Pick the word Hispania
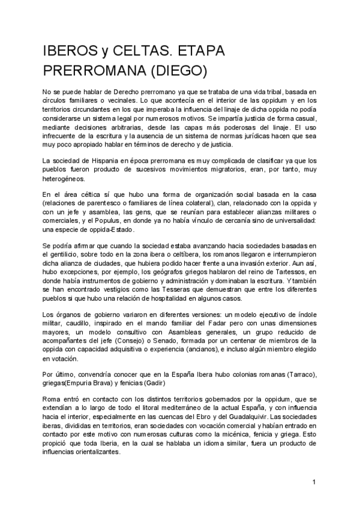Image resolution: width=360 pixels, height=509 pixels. click(91, 161)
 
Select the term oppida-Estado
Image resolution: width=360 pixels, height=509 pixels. click(107, 230)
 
